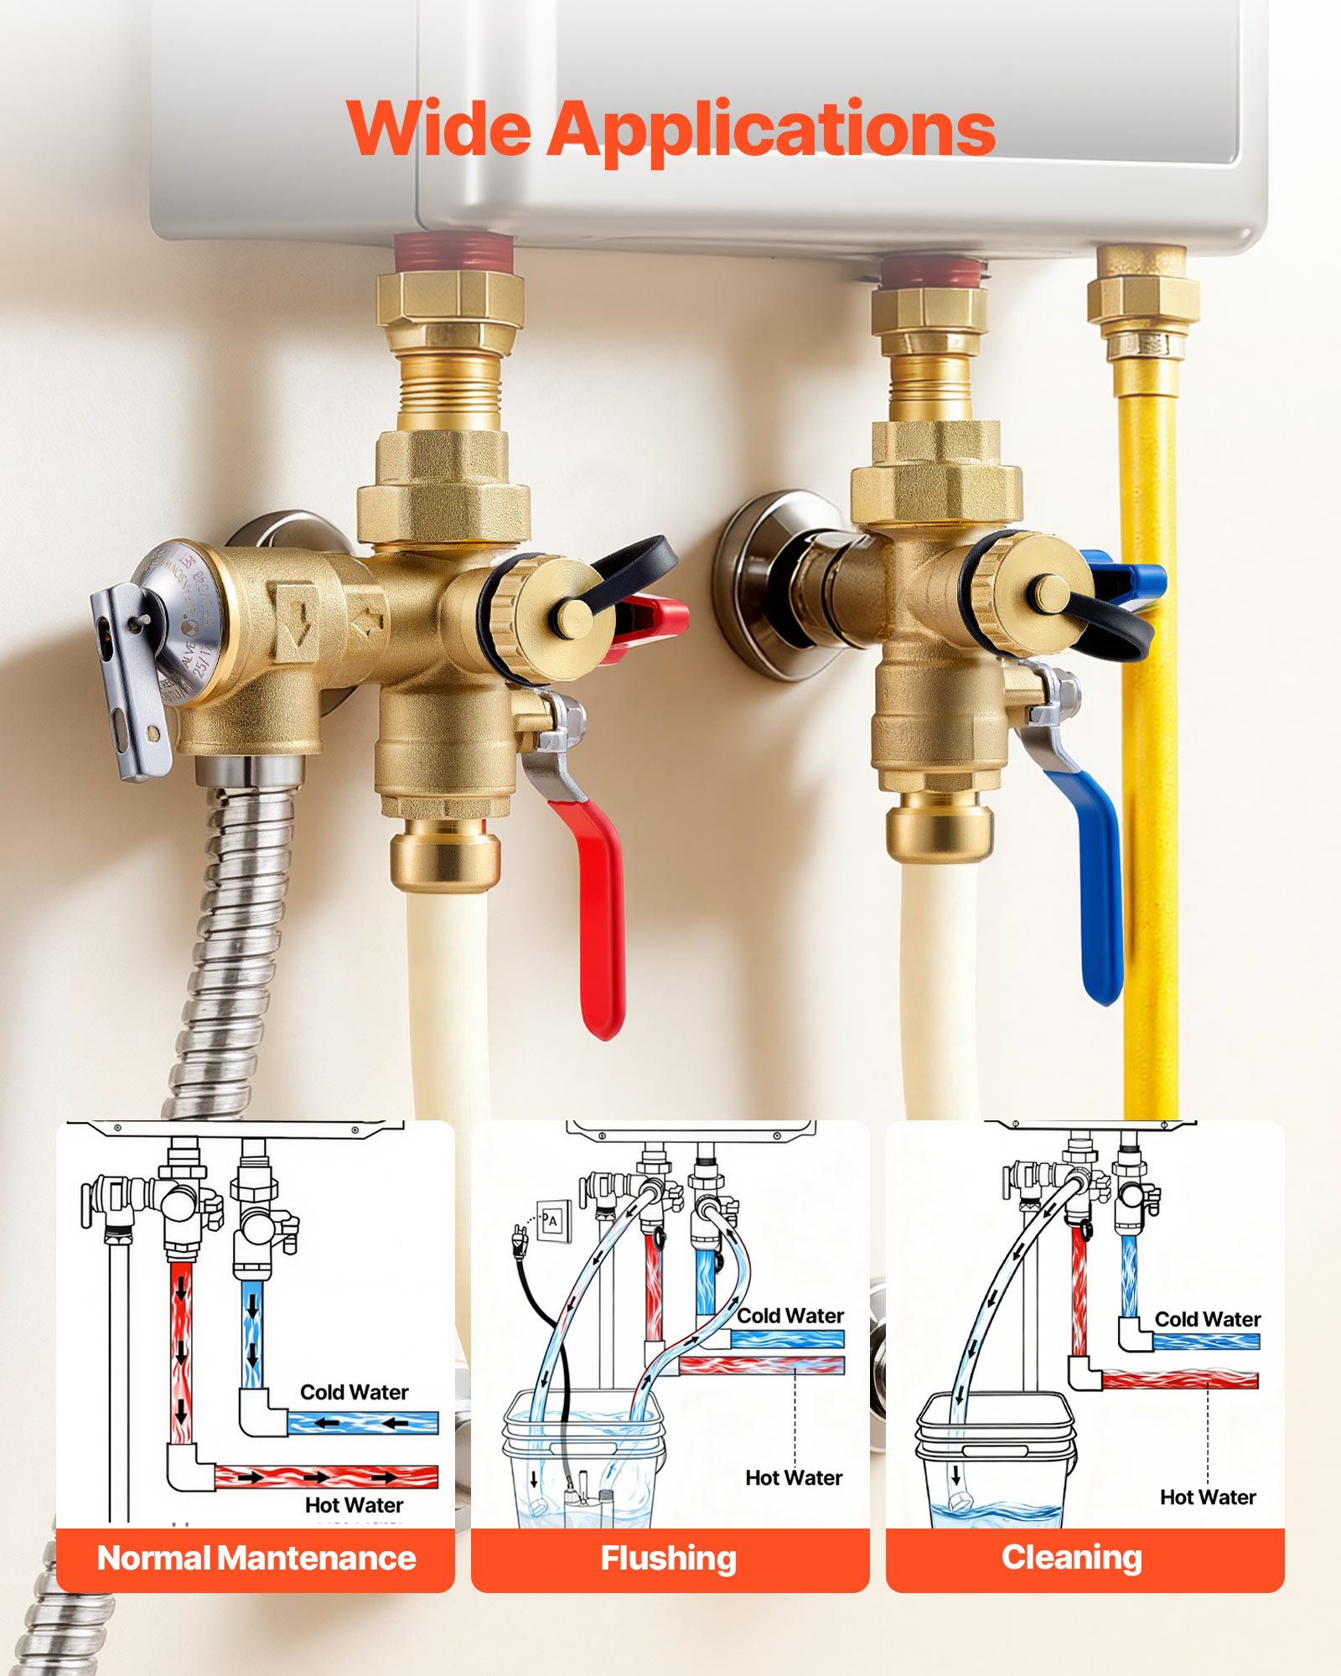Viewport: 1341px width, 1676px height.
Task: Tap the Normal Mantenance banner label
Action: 256,1559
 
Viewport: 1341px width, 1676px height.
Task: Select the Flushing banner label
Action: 669,1559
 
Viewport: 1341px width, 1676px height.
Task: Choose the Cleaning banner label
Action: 1071,1557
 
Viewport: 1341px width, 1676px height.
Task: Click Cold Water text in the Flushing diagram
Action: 790,1316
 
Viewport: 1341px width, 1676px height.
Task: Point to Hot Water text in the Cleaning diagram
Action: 1207,1497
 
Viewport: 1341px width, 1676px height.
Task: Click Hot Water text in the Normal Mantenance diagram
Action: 354,1505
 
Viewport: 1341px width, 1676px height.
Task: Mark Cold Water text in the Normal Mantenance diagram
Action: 354,1392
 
